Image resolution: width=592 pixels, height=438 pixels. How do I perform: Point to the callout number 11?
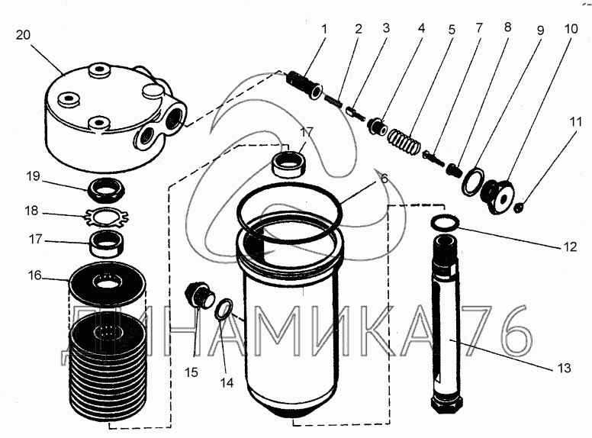tap(578, 121)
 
